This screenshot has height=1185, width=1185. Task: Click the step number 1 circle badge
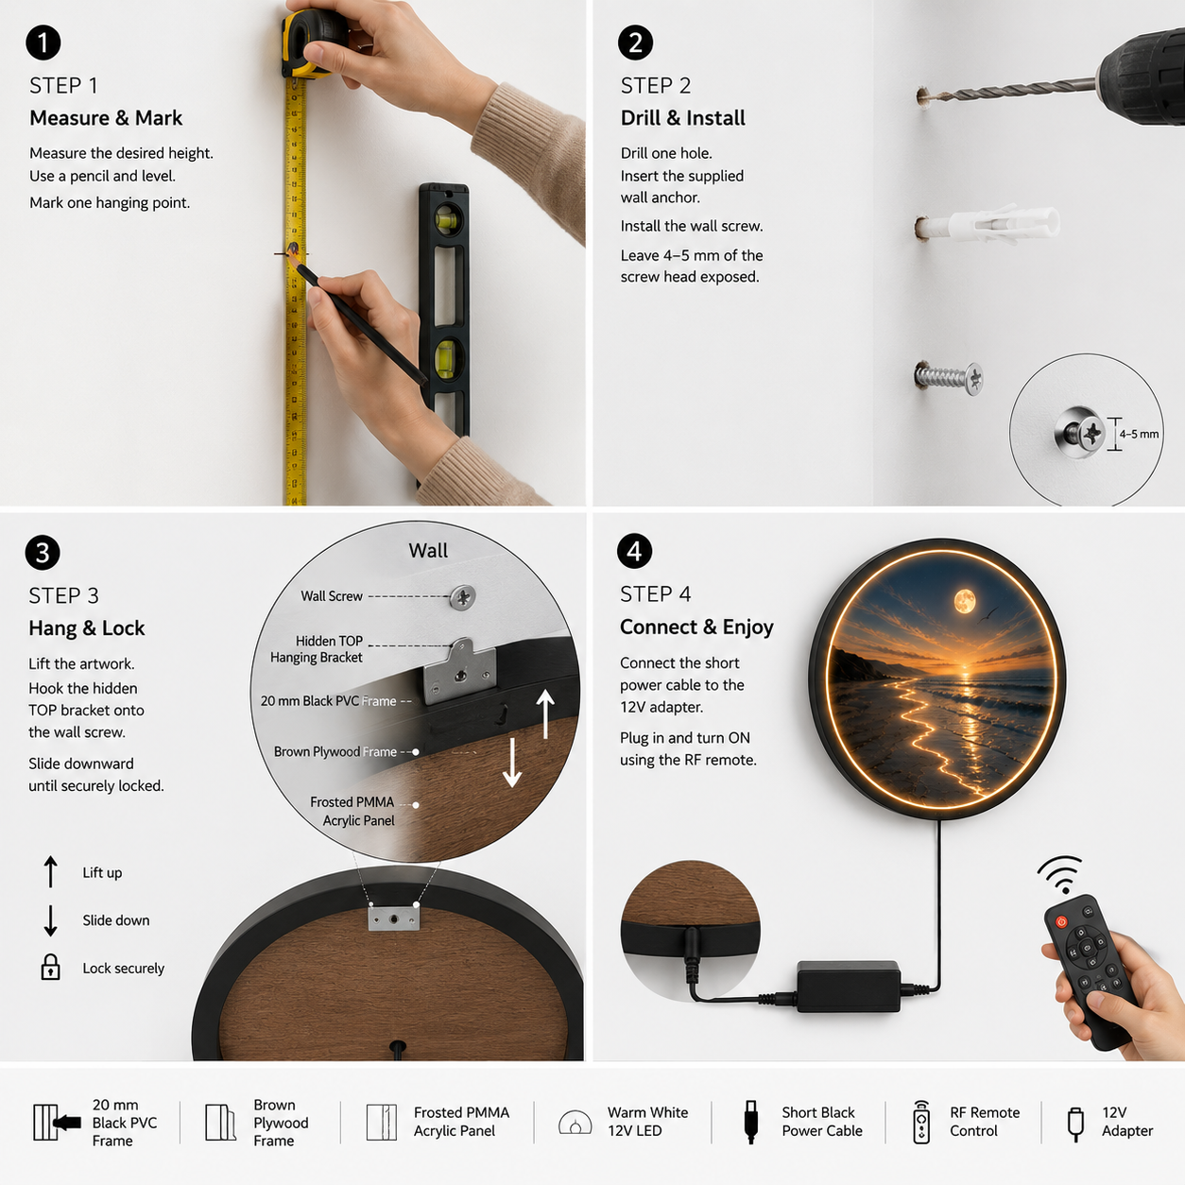(43, 43)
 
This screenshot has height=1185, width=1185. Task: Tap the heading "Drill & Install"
(682, 117)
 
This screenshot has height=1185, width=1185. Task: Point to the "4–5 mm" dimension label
(1139, 434)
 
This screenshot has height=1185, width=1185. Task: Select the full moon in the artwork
(964, 601)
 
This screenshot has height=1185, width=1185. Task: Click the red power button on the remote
(1061, 921)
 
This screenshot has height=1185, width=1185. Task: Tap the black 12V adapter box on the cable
(849, 987)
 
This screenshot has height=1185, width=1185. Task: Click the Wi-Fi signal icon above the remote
(1059, 874)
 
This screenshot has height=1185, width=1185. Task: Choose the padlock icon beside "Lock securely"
(50, 967)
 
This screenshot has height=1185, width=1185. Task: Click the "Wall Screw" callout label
(332, 596)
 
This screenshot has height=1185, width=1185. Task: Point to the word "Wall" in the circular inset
(428, 550)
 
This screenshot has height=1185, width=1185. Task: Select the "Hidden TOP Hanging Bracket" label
(317, 649)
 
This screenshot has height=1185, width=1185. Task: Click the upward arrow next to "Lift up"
(50, 872)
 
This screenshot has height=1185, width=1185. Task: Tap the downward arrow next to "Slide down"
(50, 920)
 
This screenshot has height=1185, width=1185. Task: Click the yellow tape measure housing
(313, 44)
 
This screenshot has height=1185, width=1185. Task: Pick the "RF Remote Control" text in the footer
(985, 1122)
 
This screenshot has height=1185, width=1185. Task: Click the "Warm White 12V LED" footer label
(647, 1122)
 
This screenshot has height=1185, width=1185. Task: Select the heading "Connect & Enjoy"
(696, 627)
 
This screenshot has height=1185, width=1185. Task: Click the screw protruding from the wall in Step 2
(949, 378)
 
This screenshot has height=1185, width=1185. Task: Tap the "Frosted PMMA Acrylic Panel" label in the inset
(352, 811)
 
